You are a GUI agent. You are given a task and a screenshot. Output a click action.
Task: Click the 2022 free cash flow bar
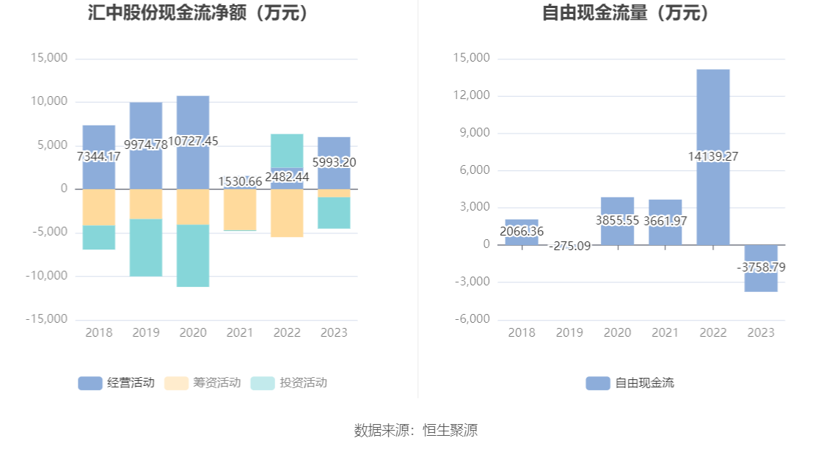pyautogui.click(x=713, y=110)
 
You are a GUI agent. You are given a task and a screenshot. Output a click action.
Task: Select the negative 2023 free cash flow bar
pyautogui.click(x=761, y=282)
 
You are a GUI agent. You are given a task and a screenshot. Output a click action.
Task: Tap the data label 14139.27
pyautogui.click(x=713, y=156)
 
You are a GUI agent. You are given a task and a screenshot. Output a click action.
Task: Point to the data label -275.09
pyautogui.click(x=569, y=246)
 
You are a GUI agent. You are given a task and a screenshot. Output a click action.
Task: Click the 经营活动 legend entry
pyautogui.click(x=117, y=383)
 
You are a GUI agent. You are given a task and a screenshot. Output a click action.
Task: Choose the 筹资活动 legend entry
pyautogui.click(x=202, y=383)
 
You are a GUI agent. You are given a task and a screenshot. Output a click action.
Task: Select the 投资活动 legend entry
pyautogui.click(x=288, y=383)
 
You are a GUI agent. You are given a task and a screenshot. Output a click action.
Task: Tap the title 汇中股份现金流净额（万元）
pyautogui.click(x=197, y=13)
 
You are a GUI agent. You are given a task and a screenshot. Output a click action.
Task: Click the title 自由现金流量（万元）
pyautogui.click(x=626, y=13)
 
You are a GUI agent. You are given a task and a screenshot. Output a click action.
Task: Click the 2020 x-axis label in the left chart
pyautogui.click(x=193, y=333)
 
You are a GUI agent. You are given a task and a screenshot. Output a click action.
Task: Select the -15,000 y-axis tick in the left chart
pyautogui.click(x=47, y=319)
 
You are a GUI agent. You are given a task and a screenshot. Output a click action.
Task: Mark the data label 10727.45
pyautogui.click(x=193, y=141)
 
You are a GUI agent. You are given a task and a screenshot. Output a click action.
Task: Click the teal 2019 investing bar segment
pyautogui.click(x=146, y=248)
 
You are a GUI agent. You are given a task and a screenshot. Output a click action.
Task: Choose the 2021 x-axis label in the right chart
pyautogui.click(x=665, y=333)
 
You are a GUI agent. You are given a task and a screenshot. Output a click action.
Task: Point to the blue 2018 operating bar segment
pyautogui.click(x=99, y=139)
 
